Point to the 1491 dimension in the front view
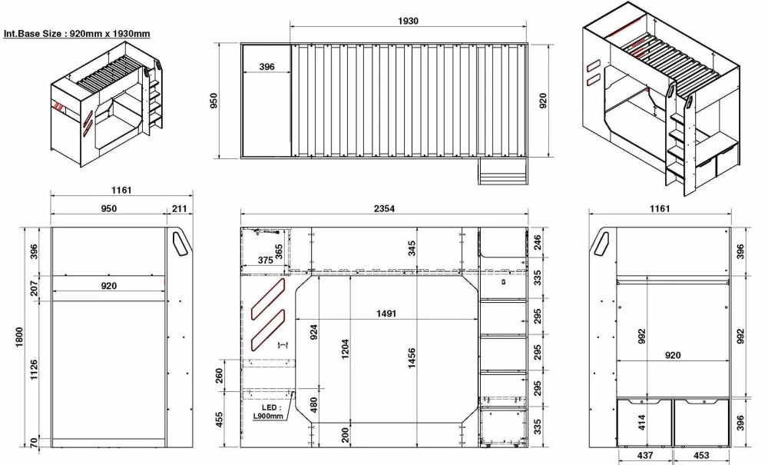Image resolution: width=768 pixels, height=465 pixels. [392, 314]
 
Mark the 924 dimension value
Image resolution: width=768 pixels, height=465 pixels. [313, 333]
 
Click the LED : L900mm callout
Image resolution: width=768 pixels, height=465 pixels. [268, 412]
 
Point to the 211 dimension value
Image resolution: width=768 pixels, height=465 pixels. [179, 208]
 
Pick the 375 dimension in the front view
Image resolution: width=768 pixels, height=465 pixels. [265, 261]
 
